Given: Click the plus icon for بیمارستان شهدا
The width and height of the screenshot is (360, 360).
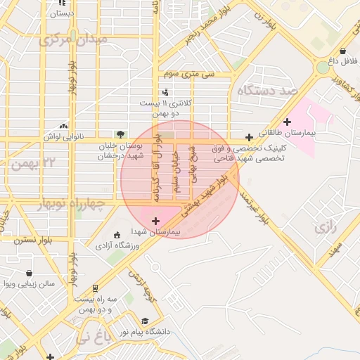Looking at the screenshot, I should [x=155, y=221].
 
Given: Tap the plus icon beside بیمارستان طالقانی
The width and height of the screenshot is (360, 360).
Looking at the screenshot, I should [x=287, y=122].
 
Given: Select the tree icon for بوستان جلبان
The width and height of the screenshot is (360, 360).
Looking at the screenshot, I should [x=121, y=134].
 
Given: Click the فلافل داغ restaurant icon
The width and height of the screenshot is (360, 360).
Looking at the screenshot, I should [x=342, y=51].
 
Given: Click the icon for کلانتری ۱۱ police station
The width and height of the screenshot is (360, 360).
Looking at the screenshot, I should [x=165, y=92].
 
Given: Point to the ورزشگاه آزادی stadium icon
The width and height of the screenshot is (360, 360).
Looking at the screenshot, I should [x=117, y=236].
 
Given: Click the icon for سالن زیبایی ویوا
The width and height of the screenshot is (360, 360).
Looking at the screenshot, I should [x=30, y=274].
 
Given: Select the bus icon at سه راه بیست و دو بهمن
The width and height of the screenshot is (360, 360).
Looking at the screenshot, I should [x=95, y=288].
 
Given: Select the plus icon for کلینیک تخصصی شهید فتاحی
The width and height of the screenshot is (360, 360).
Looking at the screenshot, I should [x=249, y=137].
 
